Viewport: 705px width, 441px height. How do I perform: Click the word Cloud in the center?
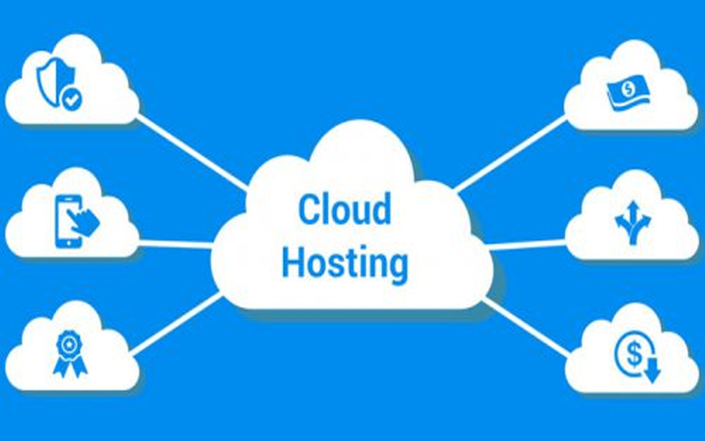pos(344,210)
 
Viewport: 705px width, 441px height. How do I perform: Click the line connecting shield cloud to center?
pos(189,150)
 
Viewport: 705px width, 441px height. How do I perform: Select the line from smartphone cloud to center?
pos(176,243)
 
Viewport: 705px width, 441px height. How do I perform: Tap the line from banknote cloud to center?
pos(511,154)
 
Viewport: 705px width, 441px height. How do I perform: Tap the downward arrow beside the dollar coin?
pos(652,370)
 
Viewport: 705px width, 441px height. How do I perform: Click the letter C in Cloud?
pos(308,210)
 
